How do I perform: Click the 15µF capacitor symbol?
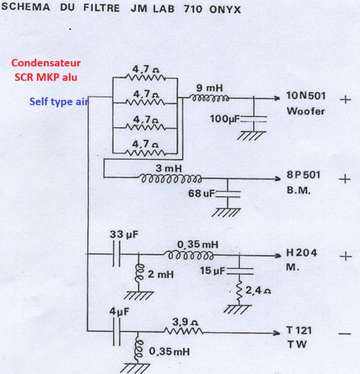[x=239, y=271]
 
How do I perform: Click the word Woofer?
[x=305, y=111]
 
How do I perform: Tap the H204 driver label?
[x=301, y=253]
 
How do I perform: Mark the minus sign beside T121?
[x=345, y=333]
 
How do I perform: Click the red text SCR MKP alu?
[x=45, y=77]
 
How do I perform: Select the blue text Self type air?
[x=58, y=102]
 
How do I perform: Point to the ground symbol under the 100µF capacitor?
[x=254, y=135]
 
